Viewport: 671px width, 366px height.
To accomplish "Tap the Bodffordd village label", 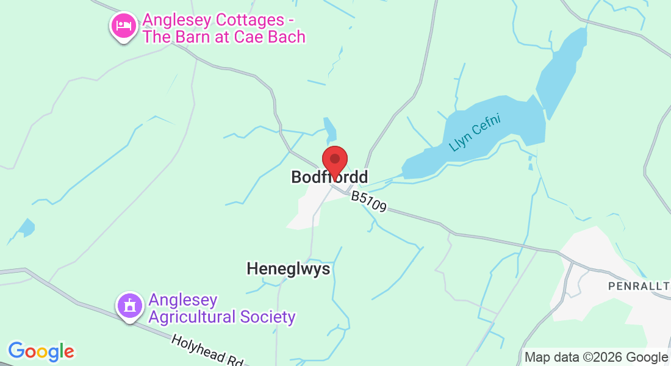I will [329, 178].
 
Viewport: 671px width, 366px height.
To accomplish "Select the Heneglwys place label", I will [289, 268].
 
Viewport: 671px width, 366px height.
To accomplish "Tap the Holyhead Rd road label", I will [207, 351].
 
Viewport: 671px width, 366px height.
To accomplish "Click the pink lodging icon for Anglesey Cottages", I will [124, 26].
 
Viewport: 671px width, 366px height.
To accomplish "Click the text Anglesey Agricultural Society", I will [221, 309].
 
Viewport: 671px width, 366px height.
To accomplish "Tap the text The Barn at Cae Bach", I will [223, 37].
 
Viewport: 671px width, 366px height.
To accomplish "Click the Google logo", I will [41, 351].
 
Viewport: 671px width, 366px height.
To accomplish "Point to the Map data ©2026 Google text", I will [596, 357].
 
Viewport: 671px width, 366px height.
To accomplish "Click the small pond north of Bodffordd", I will [330, 129].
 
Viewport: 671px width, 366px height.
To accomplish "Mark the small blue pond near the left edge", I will [26, 228].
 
